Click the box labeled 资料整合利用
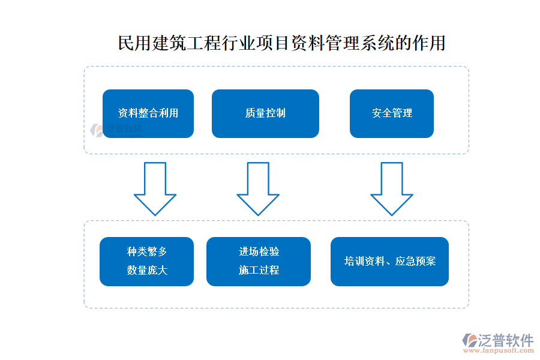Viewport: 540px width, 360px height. tap(148, 113)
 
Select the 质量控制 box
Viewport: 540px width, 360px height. tap(265, 113)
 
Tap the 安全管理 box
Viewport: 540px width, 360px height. tap(391, 113)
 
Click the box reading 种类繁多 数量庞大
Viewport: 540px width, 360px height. tap(146, 261)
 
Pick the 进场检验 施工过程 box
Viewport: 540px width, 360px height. tap(258, 261)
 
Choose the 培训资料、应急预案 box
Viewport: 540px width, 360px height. tap(389, 261)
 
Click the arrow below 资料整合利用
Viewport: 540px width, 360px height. tap(155, 188)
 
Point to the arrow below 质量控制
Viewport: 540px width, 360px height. tap(258, 188)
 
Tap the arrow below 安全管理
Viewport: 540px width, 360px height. tap(391, 188)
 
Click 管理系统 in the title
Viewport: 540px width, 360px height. tap(350, 44)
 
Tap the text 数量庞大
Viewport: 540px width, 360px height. tap(147, 271)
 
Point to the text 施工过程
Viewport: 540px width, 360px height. tap(259, 271)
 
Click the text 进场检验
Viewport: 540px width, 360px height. tap(259, 252)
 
